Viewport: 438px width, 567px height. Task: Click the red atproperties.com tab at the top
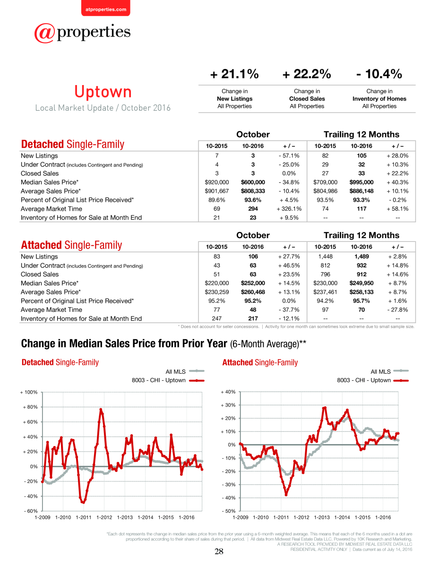(x=106, y=8)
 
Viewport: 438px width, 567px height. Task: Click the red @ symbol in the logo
(x=45, y=33)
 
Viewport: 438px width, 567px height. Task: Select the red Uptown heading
(x=103, y=92)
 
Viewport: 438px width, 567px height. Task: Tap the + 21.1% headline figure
(x=234, y=74)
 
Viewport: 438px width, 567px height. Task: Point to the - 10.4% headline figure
(x=379, y=74)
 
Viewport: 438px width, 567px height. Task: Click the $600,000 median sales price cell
(x=253, y=182)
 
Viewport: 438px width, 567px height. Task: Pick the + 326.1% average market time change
(x=289, y=209)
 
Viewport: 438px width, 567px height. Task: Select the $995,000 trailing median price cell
(x=361, y=182)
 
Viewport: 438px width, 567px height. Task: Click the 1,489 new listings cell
(x=361, y=257)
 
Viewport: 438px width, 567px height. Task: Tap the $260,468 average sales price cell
(x=253, y=292)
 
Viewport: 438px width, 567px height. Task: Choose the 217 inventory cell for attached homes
(x=253, y=318)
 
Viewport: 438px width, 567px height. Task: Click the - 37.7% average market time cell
(x=289, y=309)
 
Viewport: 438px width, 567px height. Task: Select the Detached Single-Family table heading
(x=72, y=144)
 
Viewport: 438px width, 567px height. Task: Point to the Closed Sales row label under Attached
(x=40, y=274)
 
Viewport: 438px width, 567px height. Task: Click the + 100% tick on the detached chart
(x=29, y=392)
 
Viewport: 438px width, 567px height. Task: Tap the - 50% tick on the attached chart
(x=229, y=511)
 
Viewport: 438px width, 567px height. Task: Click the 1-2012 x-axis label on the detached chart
(x=104, y=517)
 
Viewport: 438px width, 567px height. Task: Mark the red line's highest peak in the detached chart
(x=101, y=409)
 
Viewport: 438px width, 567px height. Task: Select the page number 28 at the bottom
(x=219, y=551)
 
